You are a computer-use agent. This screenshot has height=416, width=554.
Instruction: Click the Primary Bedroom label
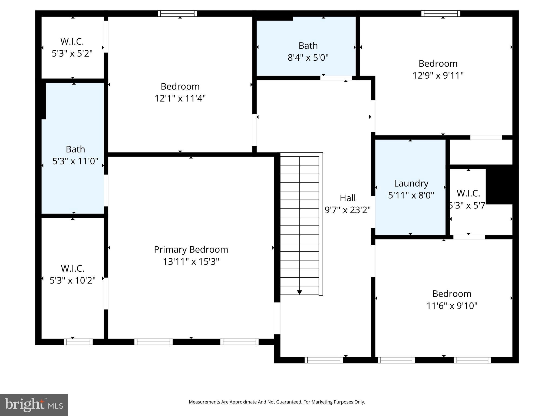click(191, 249)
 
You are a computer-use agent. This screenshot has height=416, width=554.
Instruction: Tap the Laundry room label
click(411, 183)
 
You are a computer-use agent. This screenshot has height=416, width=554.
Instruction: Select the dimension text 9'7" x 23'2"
click(348, 210)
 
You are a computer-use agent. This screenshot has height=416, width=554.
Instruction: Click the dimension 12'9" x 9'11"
click(438, 75)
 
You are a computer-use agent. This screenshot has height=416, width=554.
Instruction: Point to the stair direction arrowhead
click(299, 292)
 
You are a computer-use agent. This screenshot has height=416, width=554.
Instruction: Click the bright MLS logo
click(34, 405)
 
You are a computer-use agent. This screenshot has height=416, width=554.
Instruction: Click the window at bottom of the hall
click(324, 360)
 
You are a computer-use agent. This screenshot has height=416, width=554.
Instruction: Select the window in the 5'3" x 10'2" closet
click(78, 342)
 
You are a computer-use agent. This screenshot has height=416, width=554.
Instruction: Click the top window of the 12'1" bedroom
click(177, 14)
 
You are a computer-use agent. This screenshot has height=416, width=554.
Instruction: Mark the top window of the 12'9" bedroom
click(441, 14)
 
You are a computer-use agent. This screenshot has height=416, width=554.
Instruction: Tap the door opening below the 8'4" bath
click(336, 78)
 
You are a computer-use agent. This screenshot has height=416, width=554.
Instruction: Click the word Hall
click(348, 198)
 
